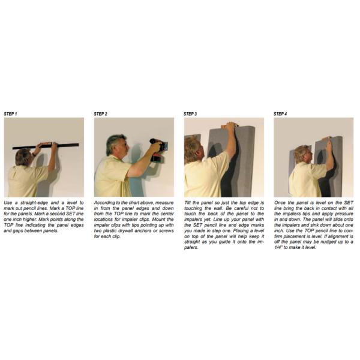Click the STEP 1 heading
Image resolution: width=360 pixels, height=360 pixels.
point(11,113)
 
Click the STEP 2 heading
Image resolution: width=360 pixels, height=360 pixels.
point(101,113)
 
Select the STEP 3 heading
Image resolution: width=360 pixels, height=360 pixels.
point(191,113)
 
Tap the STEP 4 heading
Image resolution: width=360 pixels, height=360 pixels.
point(281,113)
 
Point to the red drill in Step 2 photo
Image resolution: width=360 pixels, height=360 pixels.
point(158,148)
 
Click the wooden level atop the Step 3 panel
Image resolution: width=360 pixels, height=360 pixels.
point(230,126)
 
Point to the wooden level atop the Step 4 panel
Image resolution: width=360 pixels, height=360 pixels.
point(326,139)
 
